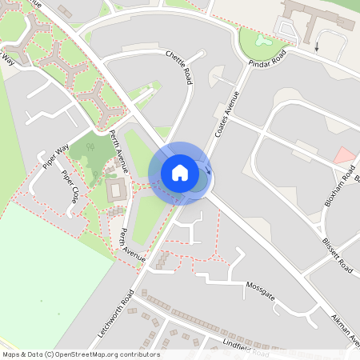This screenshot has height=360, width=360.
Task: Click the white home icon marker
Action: point(180,173)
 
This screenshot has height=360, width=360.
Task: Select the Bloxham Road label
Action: point(337,186)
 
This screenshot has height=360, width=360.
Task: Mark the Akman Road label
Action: point(345,329)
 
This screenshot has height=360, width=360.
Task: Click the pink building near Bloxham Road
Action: point(344,155)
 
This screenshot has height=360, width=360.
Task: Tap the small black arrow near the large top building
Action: point(316,46)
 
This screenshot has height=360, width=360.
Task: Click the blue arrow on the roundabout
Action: point(207,168)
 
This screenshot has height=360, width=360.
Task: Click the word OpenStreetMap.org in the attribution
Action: point(90,354)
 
